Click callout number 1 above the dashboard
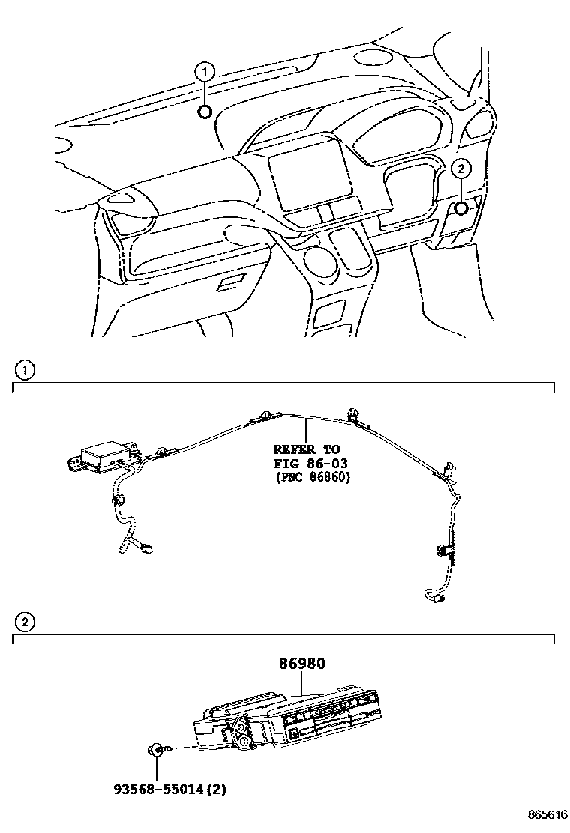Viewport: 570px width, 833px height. [x=205, y=72]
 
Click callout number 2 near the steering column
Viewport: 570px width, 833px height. [x=461, y=169]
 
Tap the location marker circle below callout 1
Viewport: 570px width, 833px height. [x=205, y=112]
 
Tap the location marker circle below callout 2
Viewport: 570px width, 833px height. [x=461, y=209]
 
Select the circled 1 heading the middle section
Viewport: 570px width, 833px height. [x=25, y=369]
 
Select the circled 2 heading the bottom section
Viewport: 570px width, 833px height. [x=25, y=621]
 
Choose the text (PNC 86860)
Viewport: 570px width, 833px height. [x=311, y=476]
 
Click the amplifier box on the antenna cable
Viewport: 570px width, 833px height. [x=105, y=456]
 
